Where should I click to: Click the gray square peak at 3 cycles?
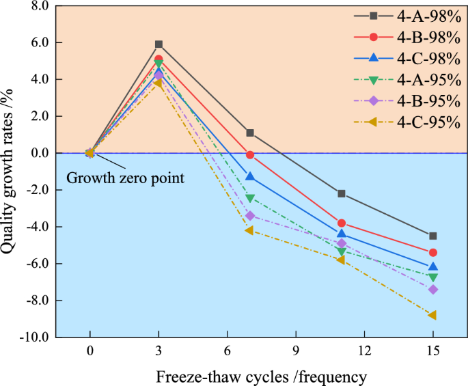click(x=159, y=44)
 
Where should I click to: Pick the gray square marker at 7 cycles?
click(x=250, y=133)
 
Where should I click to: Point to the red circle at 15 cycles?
click(x=432, y=253)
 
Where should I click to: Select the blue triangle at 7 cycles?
click(x=250, y=177)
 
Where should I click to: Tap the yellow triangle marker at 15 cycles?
click(x=432, y=315)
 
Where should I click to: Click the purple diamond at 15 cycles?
click(x=432, y=290)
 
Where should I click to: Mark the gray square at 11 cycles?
click(x=342, y=193)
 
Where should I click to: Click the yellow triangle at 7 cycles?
click(x=250, y=230)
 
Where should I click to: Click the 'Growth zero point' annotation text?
click(x=126, y=179)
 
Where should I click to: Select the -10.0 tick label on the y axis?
click(x=32, y=337)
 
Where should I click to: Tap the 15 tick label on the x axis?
click(x=432, y=351)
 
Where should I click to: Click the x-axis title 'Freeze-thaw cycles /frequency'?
click(x=261, y=376)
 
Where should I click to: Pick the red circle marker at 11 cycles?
click(x=342, y=223)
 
